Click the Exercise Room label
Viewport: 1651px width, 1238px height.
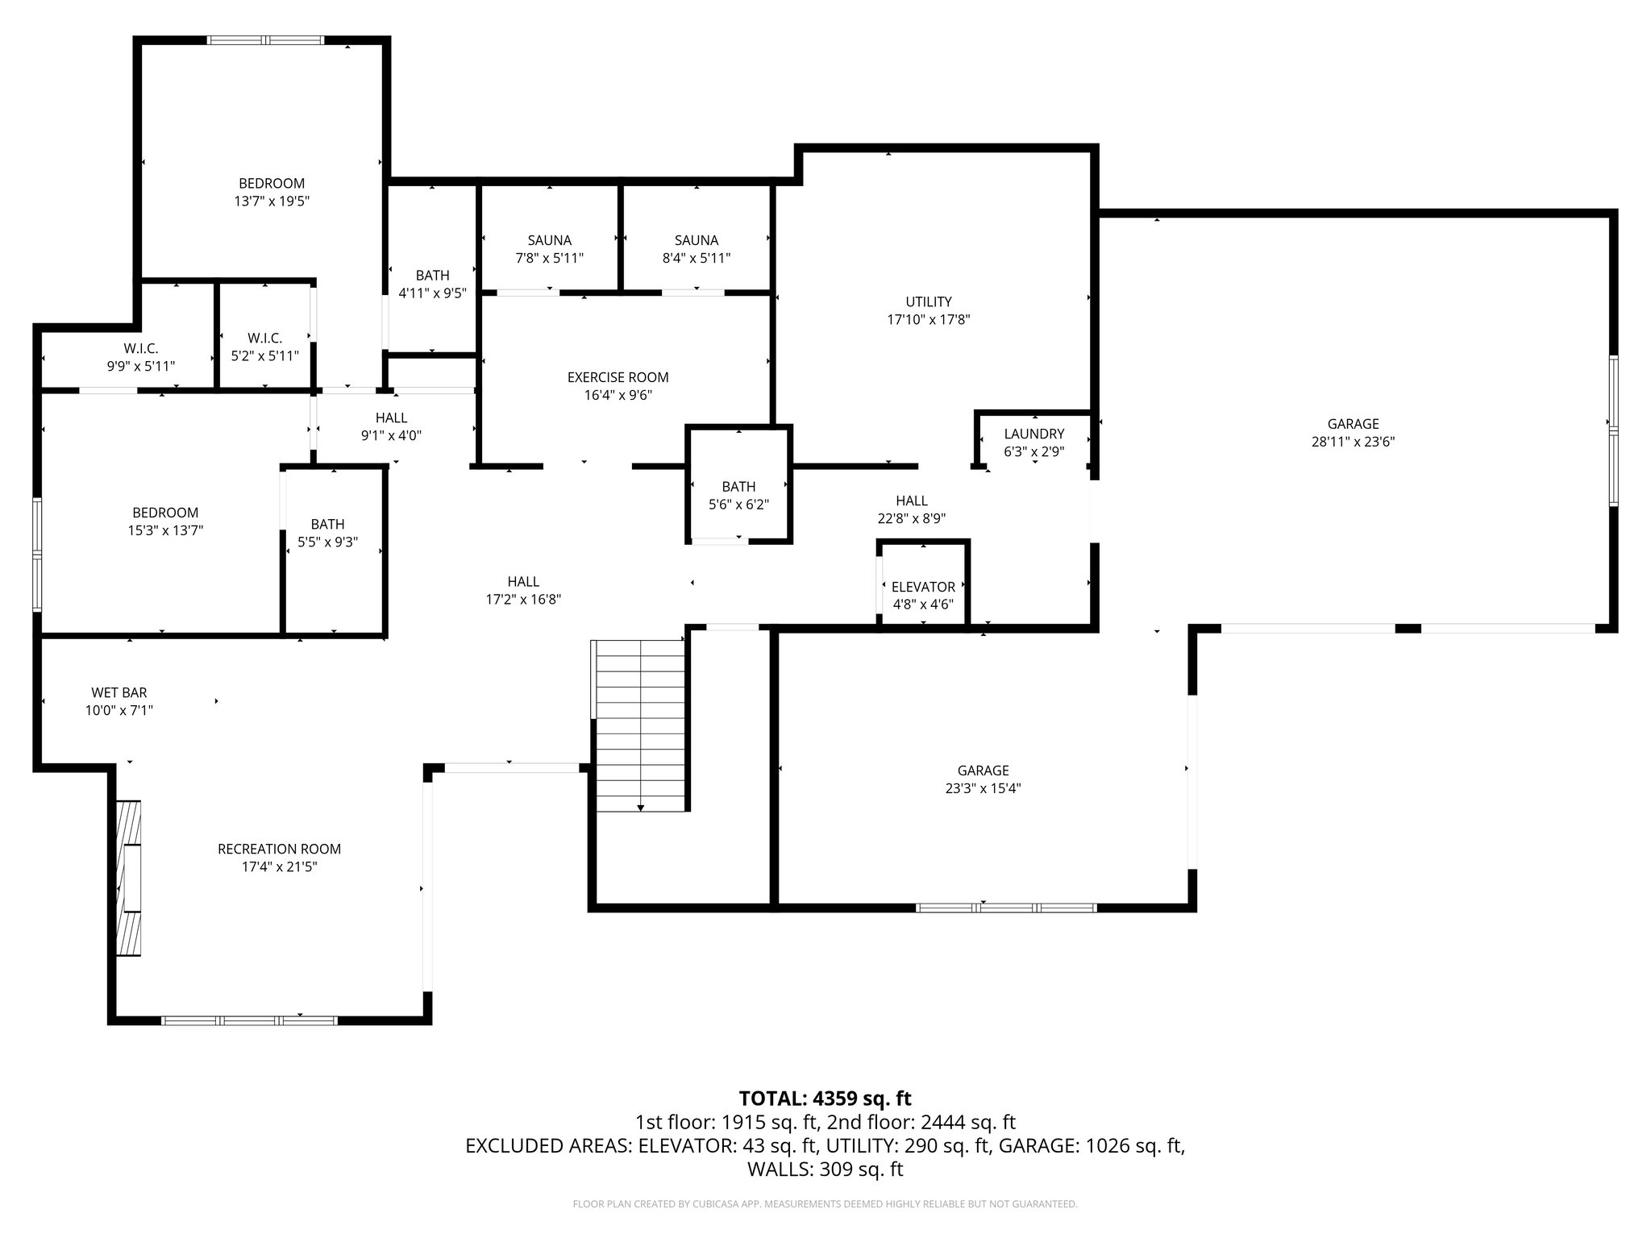tap(618, 377)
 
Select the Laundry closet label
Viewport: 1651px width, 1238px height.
tap(1033, 434)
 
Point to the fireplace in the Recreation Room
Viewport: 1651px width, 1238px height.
tap(128, 878)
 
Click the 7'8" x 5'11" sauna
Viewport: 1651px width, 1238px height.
tap(549, 249)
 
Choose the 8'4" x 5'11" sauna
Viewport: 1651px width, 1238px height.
tap(696, 249)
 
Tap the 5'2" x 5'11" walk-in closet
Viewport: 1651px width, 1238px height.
tap(264, 347)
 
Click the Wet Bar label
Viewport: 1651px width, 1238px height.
tap(119, 692)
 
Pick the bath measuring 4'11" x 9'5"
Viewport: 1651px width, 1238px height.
tap(433, 285)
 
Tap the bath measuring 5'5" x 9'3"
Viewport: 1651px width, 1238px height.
tap(327, 534)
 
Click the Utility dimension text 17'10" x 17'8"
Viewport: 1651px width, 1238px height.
tap(928, 320)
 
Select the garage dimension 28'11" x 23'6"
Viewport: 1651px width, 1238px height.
tap(1353, 442)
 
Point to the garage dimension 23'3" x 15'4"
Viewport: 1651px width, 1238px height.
tap(983, 789)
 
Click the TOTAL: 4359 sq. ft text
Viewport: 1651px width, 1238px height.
tap(825, 1098)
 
